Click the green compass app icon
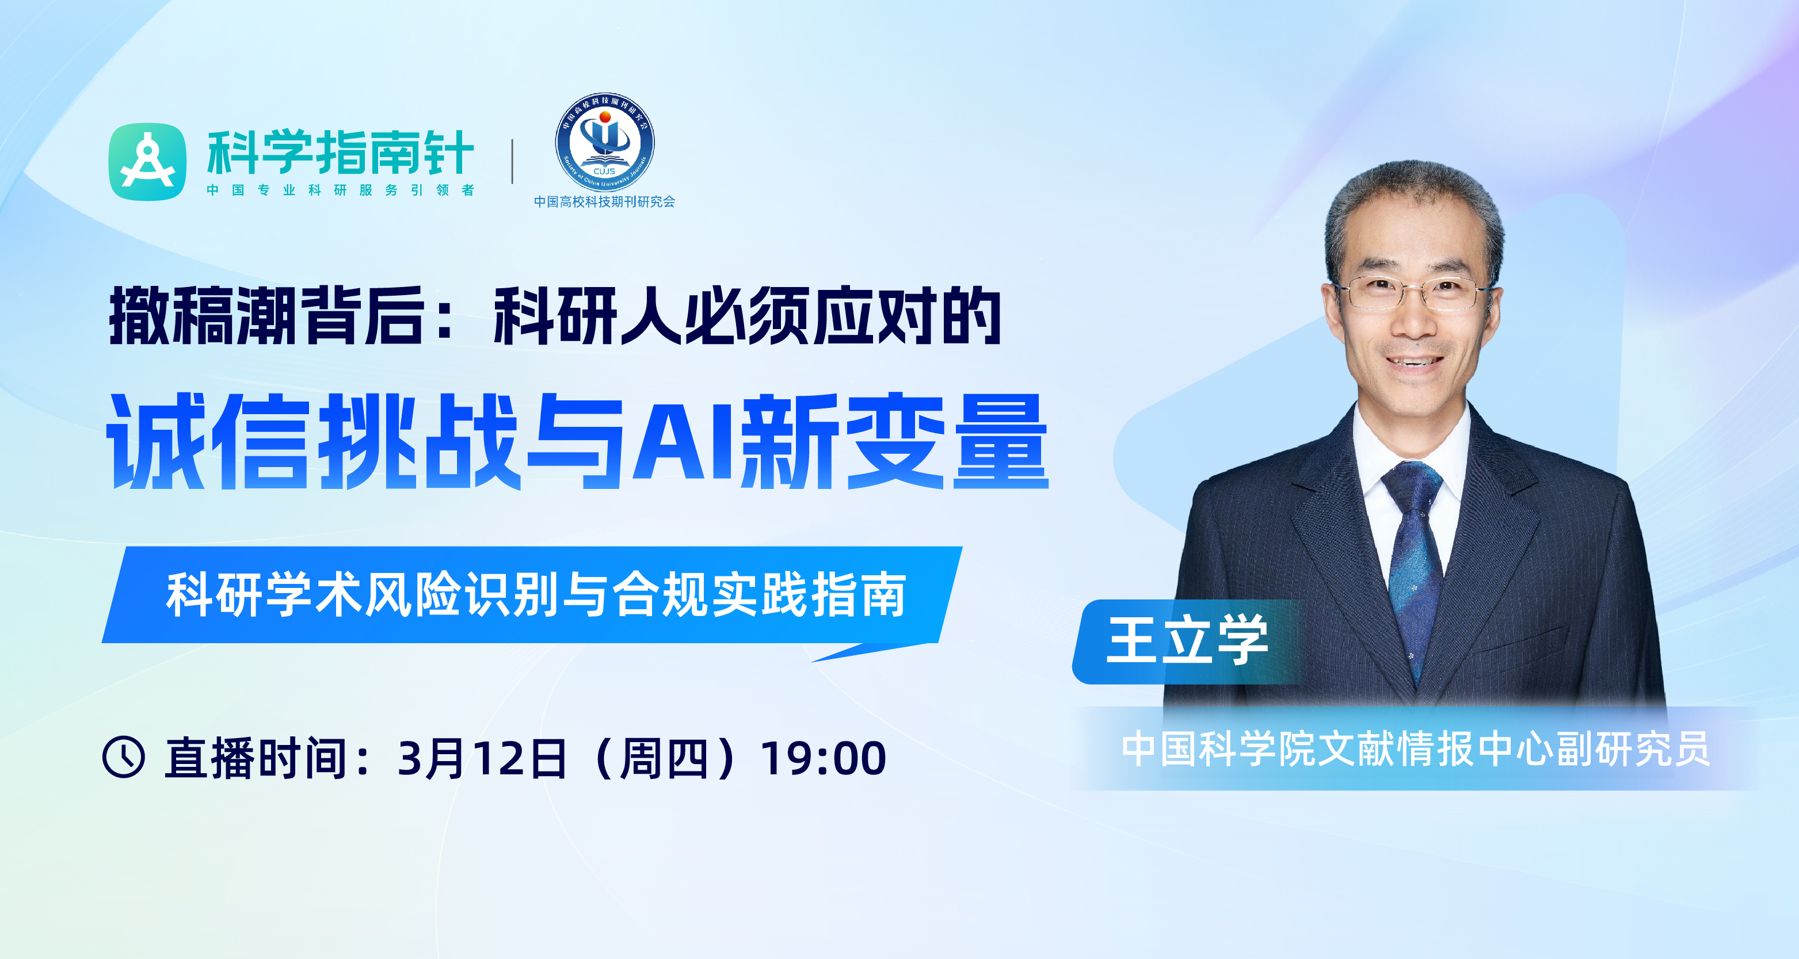[147, 162]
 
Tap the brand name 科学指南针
[341, 152]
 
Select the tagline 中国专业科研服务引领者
[341, 190]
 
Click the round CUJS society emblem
[605, 143]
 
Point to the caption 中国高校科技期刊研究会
[605, 202]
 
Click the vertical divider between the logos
[513, 162]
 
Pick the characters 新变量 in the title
[895, 441]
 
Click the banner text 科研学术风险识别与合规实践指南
[536, 595]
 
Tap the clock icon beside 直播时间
[124, 756]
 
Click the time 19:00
[824, 758]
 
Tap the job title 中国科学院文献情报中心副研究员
[1416, 749]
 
